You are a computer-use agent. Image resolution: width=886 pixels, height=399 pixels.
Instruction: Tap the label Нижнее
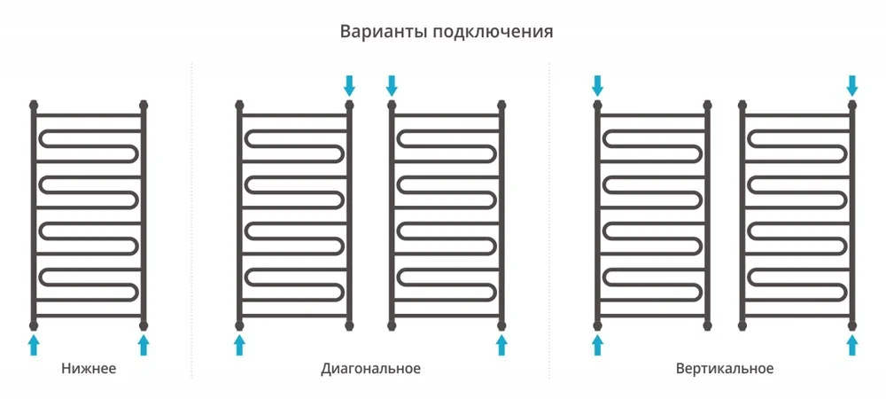pos(89,368)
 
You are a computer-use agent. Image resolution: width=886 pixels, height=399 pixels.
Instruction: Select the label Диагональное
pos(370,368)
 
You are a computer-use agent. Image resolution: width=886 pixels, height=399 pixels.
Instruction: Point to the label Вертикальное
pos(724,368)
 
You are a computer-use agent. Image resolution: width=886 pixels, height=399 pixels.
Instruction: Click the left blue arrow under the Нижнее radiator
pos(34,344)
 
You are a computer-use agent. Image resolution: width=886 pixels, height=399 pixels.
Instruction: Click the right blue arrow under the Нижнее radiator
pos(144,344)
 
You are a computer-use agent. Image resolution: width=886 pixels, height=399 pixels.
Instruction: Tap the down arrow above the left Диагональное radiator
pos(349,85)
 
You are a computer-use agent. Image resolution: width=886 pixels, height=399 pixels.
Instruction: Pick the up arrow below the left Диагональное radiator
pos(239,344)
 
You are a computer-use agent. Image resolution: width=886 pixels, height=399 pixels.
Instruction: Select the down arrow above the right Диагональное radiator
pos(392,85)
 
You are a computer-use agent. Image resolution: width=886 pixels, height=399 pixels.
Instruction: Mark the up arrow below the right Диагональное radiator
pos(501,344)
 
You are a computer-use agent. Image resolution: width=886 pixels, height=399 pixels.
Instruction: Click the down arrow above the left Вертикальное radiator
pos(597,85)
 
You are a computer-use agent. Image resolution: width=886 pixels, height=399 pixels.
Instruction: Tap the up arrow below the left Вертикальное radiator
pos(597,344)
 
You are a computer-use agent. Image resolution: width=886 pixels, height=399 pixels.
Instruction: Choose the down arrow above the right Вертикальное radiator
pos(852,85)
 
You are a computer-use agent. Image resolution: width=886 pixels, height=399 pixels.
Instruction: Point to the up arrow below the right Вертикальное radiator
pos(852,344)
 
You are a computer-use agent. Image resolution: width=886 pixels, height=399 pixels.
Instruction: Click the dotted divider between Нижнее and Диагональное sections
pos(192,222)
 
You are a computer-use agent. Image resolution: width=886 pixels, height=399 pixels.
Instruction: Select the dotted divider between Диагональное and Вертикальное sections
pos(549,222)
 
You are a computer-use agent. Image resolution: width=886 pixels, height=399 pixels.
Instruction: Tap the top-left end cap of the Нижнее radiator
pos(34,106)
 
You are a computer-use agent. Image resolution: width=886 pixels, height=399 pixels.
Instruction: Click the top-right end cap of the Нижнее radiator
pos(144,106)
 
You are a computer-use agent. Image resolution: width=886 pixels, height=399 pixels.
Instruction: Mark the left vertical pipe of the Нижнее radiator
pos(34,213)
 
